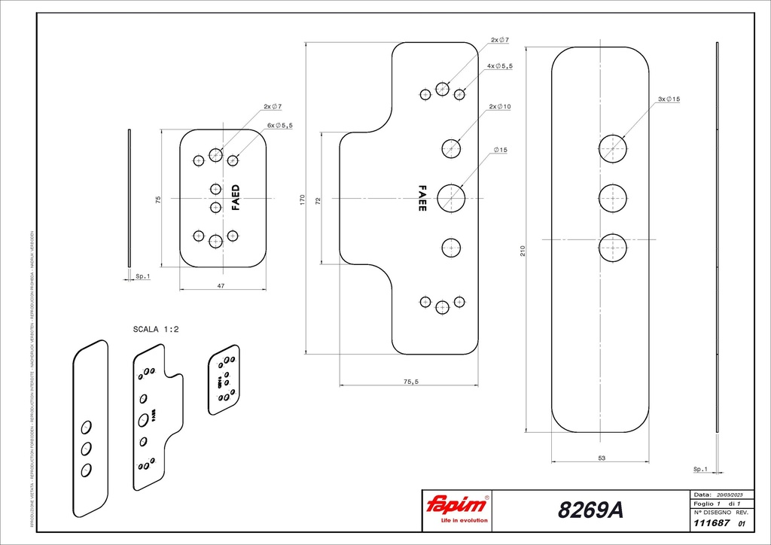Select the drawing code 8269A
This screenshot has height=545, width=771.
pos(590,510)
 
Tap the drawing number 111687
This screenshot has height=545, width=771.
pos(708,523)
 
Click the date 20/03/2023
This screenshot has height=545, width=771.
pos(727,495)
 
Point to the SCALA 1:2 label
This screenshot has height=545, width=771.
pos(156,329)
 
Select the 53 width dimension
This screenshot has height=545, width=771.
pos(601,457)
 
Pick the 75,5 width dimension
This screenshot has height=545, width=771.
pos(410,382)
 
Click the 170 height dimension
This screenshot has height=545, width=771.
pos(302,200)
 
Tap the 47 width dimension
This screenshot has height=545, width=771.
pos(222,286)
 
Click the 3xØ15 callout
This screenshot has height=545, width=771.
pos(669,99)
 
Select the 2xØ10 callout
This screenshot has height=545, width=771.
pos(500,107)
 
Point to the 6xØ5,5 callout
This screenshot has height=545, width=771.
pos(279,125)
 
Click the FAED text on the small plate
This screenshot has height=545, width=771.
pos(236,197)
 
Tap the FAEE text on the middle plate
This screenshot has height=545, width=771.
pos(422,198)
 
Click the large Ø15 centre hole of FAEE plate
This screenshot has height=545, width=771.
pos(451,198)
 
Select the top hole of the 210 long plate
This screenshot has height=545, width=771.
pos(613,148)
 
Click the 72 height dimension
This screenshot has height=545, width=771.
pos(318,200)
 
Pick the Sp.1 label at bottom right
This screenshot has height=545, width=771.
pos(700,469)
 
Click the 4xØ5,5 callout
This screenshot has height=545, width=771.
pos(499,66)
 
